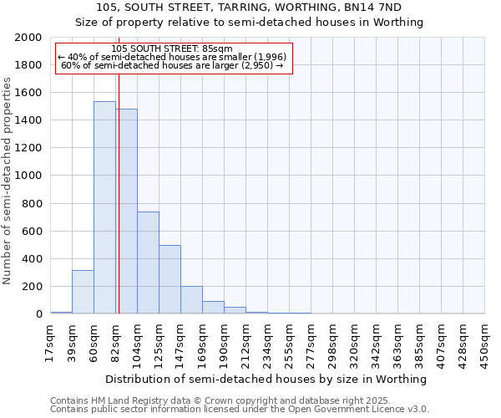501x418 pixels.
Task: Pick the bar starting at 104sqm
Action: [x=148, y=263]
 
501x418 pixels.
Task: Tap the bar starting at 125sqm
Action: [x=170, y=279]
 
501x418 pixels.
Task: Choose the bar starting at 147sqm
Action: [x=191, y=300]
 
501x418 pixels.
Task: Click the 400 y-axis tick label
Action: [x=33, y=259]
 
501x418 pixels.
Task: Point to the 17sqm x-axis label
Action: [x=50, y=342]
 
